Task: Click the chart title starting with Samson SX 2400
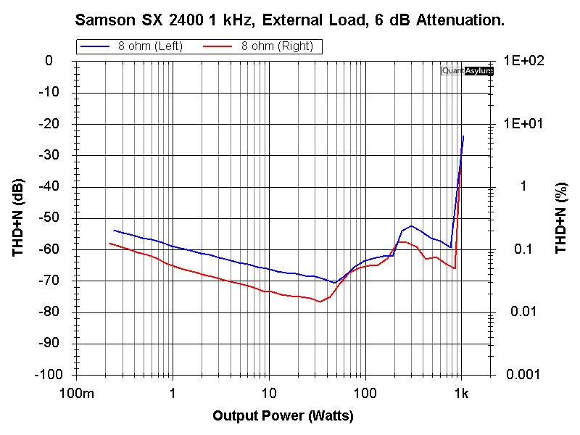[290, 20]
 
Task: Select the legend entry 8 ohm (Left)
[151, 46]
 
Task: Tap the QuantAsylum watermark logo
[467, 71]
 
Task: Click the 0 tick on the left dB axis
[49, 61]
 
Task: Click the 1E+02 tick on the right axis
[524, 61]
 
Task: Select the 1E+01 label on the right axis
[524, 124]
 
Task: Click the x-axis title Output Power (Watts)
[283, 415]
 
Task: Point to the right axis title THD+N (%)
[560, 217]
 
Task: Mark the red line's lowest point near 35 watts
[320, 302]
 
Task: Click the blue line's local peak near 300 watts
[411, 226]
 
